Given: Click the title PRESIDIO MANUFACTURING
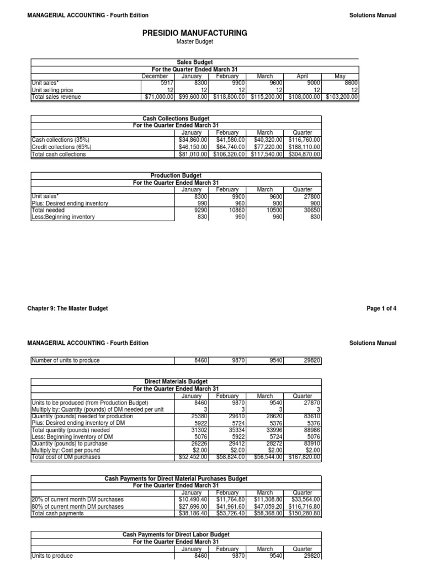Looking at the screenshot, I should [x=194, y=33].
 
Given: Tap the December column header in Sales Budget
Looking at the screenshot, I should [x=155, y=76].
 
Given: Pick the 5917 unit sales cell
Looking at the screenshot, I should [x=166, y=83].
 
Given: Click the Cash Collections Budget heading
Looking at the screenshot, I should [x=175, y=119].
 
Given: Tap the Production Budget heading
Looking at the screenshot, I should [x=175, y=175].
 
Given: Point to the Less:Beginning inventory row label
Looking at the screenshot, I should [x=63, y=217].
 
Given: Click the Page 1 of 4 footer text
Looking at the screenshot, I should [x=381, y=308].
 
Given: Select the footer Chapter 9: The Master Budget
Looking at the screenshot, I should [x=67, y=308].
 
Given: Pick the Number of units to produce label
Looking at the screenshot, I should [x=66, y=361].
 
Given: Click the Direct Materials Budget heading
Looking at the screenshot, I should [x=175, y=381].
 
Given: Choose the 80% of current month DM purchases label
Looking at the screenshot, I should [x=77, y=507].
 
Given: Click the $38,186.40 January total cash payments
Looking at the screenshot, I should [x=192, y=513].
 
